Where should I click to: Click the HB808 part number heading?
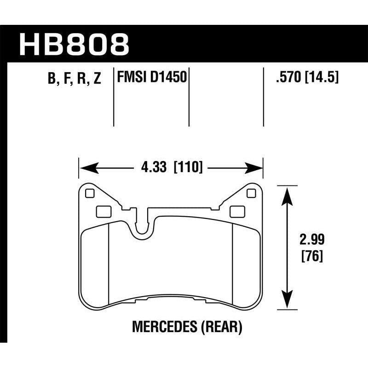click(x=74, y=44)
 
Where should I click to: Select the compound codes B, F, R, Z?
click(x=74, y=79)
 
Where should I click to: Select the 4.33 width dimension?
click(x=152, y=167)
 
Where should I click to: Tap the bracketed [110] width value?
click(x=188, y=167)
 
